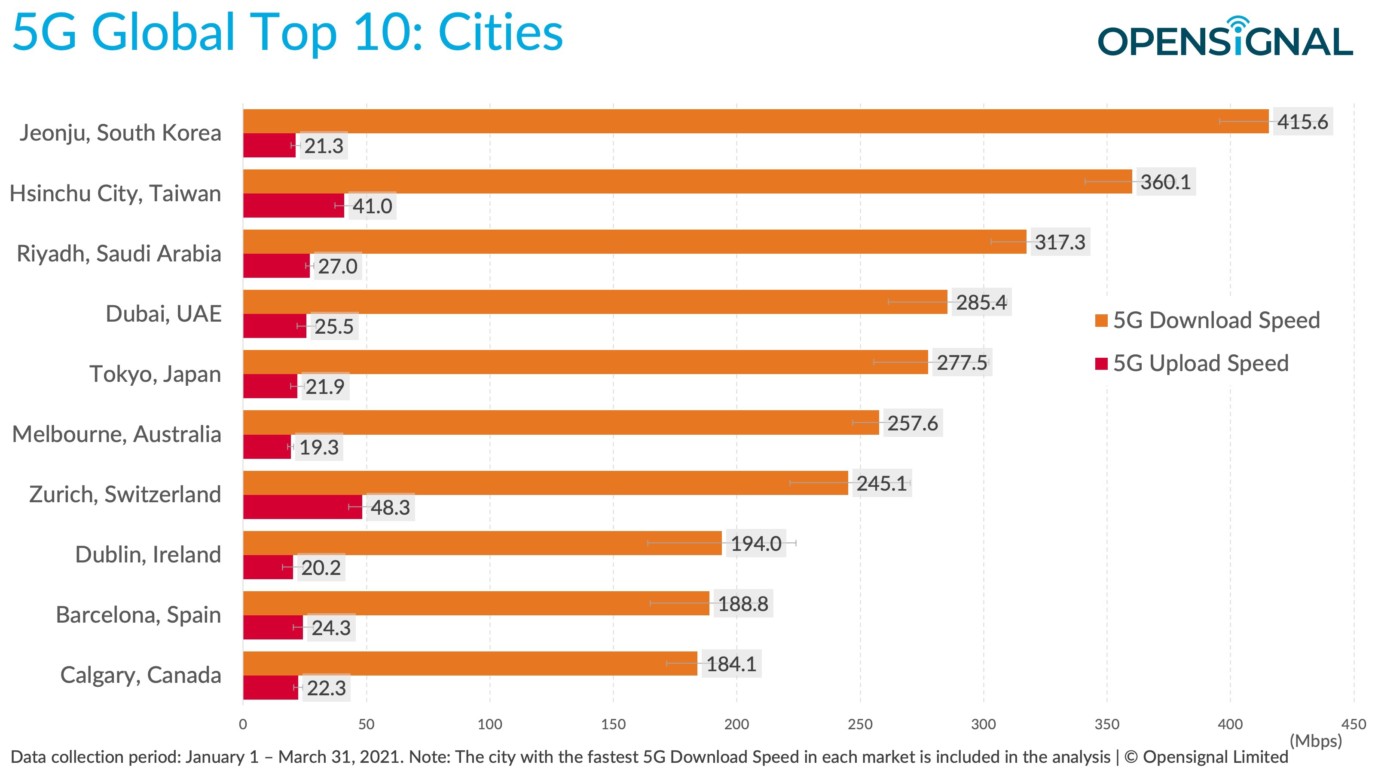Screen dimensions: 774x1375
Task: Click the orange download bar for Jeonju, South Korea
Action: click(755, 121)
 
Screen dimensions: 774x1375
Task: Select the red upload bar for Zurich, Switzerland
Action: click(302, 507)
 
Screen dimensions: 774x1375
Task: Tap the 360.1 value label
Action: click(1165, 182)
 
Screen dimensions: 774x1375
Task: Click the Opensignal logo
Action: click(1225, 37)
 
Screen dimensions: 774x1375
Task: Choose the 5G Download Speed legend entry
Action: click(1207, 320)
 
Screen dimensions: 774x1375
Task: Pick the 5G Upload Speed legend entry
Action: click(1192, 363)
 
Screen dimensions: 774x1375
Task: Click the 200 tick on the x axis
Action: click(736, 724)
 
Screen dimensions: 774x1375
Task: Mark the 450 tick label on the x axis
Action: click(1354, 724)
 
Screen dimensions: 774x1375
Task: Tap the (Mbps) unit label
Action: click(1315, 741)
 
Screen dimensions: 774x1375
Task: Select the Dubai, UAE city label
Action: click(163, 313)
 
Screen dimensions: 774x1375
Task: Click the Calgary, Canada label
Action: click(141, 675)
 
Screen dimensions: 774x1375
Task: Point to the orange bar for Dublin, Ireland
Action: click(482, 543)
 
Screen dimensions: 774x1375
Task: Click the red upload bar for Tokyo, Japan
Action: click(270, 386)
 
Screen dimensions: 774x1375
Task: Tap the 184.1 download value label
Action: click(731, 664)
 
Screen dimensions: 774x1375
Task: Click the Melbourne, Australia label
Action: click(116, 434)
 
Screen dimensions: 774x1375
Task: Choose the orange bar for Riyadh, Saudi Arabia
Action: click(634, 241)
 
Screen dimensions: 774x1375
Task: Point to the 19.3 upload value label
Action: click(319, 447)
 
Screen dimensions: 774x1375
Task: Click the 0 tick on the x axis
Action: click(243, 724)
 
